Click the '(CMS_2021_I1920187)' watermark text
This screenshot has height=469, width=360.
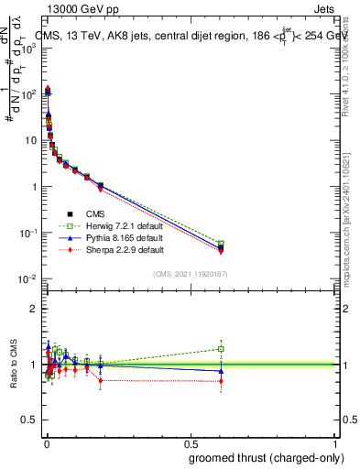coord(191,274)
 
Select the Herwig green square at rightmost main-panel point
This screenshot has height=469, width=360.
coord(221,244)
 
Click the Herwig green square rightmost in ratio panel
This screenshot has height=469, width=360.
coord(221,348)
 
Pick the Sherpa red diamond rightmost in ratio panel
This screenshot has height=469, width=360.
coord(221,380)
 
